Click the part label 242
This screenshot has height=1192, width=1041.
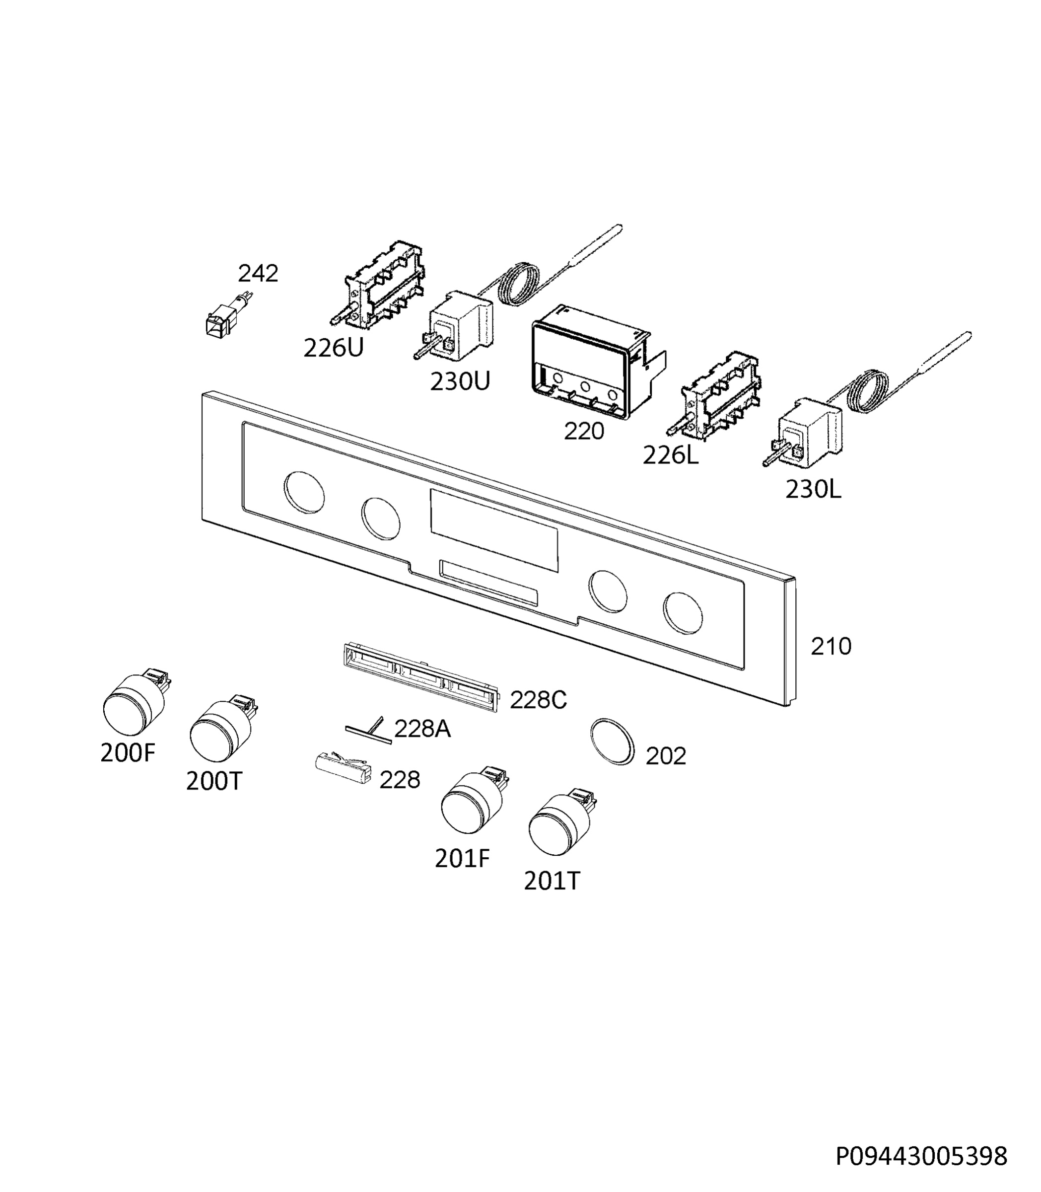(x=258, y=273)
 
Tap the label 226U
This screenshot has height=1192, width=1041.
(x=334, y=348)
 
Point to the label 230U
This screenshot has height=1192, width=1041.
(x=460, y=381)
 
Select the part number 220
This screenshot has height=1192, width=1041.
(x=584, y=431)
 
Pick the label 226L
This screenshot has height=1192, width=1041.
(x=670, y=455)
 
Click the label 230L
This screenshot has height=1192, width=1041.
(x=813, y=489)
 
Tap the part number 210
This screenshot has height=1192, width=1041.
(x=831, y=646)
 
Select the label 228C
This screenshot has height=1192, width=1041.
(x=538, y=700)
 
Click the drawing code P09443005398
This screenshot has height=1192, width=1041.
(x=921, y=1157)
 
